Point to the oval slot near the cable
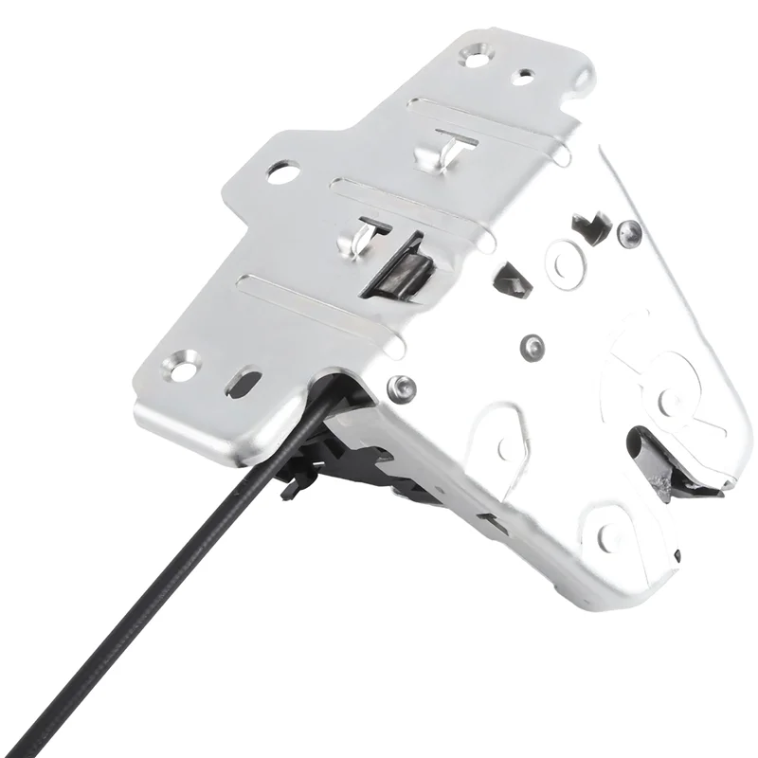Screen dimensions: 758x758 click(244, 383)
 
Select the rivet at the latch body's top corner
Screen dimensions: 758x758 click(628, 230)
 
